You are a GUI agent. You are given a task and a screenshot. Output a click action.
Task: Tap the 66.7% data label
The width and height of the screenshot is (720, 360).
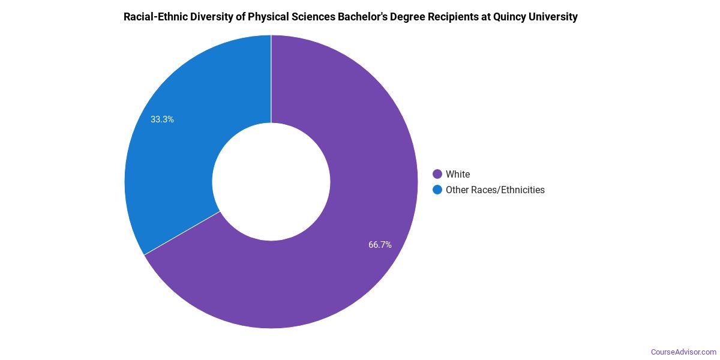(380, 245)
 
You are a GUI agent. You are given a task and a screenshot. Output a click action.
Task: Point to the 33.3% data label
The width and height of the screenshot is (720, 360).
(162, 119)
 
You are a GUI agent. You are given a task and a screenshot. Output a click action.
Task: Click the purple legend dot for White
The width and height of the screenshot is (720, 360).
(437, 175)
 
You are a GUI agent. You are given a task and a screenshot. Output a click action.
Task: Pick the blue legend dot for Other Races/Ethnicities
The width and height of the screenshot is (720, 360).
(437, 190)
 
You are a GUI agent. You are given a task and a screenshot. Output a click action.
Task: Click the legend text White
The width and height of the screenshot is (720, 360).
(458, 175)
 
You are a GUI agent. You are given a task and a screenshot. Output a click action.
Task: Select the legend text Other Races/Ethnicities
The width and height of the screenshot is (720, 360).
(495, 190)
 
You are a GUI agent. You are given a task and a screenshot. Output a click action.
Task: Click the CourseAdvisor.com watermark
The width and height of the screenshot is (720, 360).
(683, 352)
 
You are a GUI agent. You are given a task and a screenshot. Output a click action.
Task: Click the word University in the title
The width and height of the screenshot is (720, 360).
(554, 17)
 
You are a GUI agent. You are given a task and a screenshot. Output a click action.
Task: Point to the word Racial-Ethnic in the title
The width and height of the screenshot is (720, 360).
(156, 17)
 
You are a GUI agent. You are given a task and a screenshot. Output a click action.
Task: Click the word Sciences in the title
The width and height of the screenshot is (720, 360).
(314, 17)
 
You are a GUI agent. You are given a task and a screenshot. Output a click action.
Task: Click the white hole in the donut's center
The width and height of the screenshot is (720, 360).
(271, 182)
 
